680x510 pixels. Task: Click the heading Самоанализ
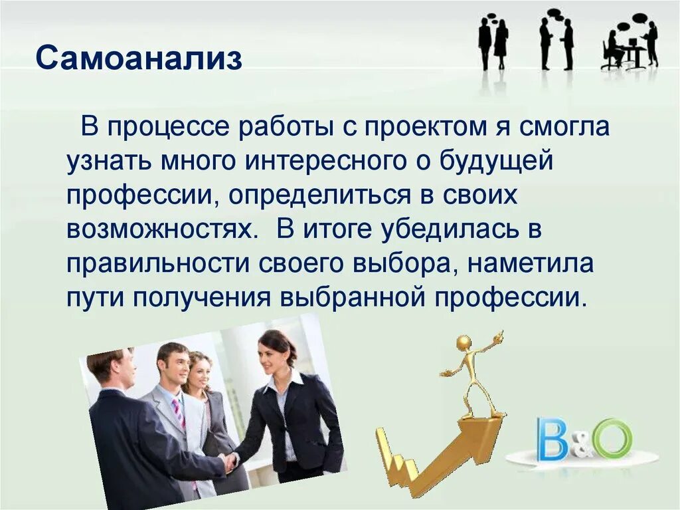click(x=139, y=59)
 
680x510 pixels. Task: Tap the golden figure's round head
click(x=464, y=342)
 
